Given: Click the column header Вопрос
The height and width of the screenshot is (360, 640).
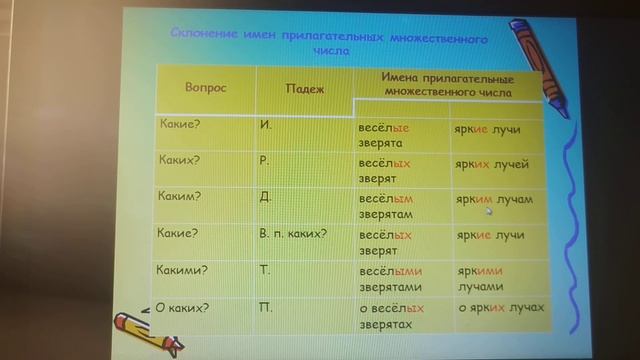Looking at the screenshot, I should pos(206,88).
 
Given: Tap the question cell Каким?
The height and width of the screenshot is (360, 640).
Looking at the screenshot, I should pos(181,196).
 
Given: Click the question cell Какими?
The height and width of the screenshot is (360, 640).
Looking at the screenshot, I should pos(184,269).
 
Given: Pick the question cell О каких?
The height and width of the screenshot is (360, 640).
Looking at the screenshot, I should pos(183,306).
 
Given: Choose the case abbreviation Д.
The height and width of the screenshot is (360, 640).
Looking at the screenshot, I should pos(265,196).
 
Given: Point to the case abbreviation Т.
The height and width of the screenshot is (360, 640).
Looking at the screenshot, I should pos(265,270).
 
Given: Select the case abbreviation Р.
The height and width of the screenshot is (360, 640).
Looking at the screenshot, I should pos(265,160).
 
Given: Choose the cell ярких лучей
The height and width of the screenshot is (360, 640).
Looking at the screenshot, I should pos(491,165).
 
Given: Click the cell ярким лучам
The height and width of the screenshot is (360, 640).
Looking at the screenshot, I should pos(494,199).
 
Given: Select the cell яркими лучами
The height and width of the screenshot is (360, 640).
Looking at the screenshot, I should pos(483,278).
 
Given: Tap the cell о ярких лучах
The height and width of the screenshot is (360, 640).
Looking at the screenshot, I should pos(500,307).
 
